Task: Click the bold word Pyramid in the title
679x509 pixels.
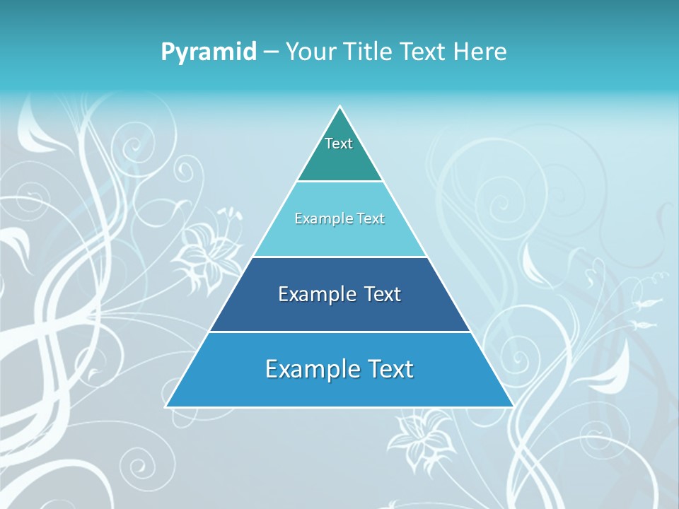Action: (x=209, y=52)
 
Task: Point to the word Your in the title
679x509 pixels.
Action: (x=312, y=52)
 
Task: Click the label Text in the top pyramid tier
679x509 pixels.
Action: (x=339, y=144)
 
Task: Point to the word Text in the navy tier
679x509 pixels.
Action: (x=379, y=294)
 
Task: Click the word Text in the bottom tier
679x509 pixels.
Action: (x=388, y=369)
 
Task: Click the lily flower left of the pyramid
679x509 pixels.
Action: (x=205, y=258)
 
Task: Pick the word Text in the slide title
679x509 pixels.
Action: (x=423, y=52)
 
